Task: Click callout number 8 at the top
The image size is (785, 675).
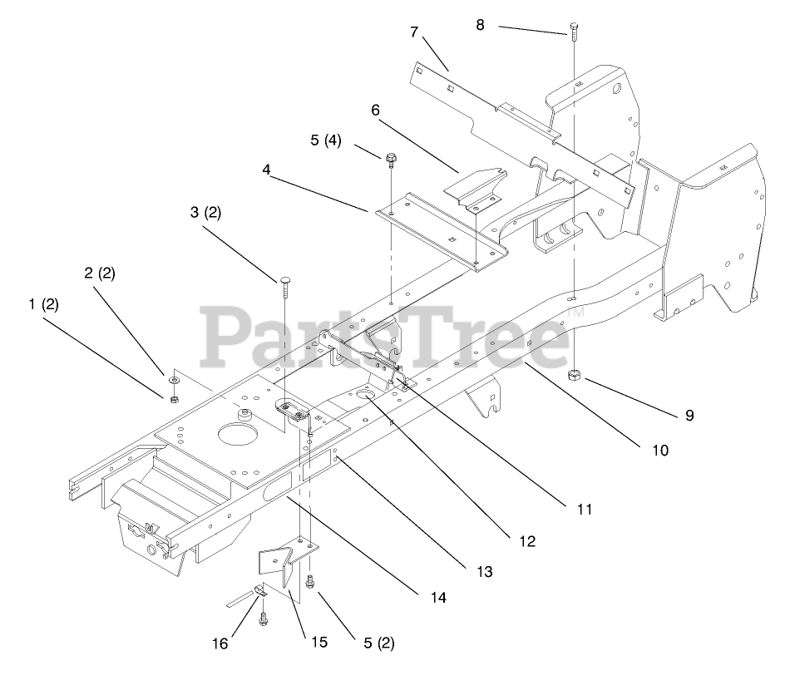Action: [x=480, y=24]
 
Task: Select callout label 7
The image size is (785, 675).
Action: [x=414, y=32]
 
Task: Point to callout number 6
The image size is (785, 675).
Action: [x=375, y=109]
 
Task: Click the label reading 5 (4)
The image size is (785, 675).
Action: [x=326, y=140]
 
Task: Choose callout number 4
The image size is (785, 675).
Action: [x=266, y=169]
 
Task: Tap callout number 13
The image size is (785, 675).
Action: [x=485, y=571]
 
